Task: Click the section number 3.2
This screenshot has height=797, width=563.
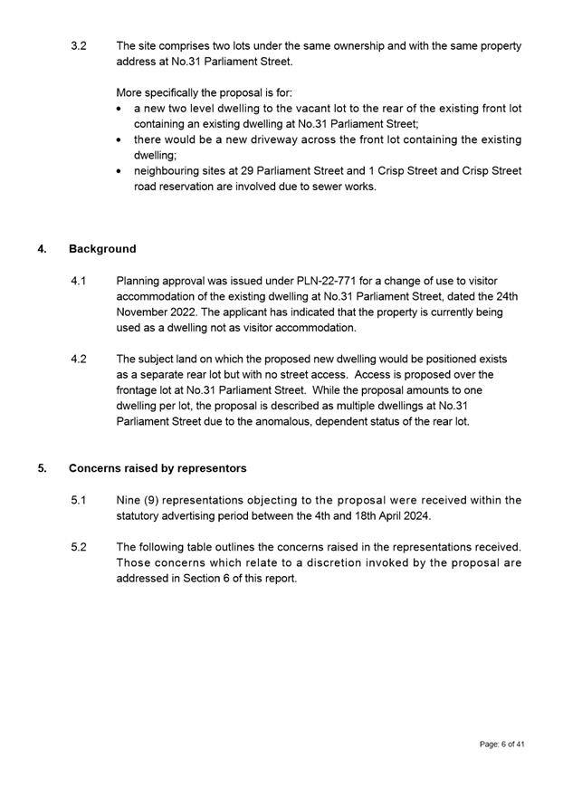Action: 79,45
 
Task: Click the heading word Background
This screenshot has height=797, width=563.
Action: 102,249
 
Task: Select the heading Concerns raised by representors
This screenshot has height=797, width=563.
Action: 157,468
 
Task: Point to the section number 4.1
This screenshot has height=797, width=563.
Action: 79,282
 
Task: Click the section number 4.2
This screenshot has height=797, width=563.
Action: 79,359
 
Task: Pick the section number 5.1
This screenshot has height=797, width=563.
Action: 79,500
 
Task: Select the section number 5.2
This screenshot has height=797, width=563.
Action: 79,547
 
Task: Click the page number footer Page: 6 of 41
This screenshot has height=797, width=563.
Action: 502,744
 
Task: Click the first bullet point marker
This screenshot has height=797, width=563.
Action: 122,109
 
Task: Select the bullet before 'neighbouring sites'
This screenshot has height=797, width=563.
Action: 122,171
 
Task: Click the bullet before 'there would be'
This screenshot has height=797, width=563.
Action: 122,140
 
